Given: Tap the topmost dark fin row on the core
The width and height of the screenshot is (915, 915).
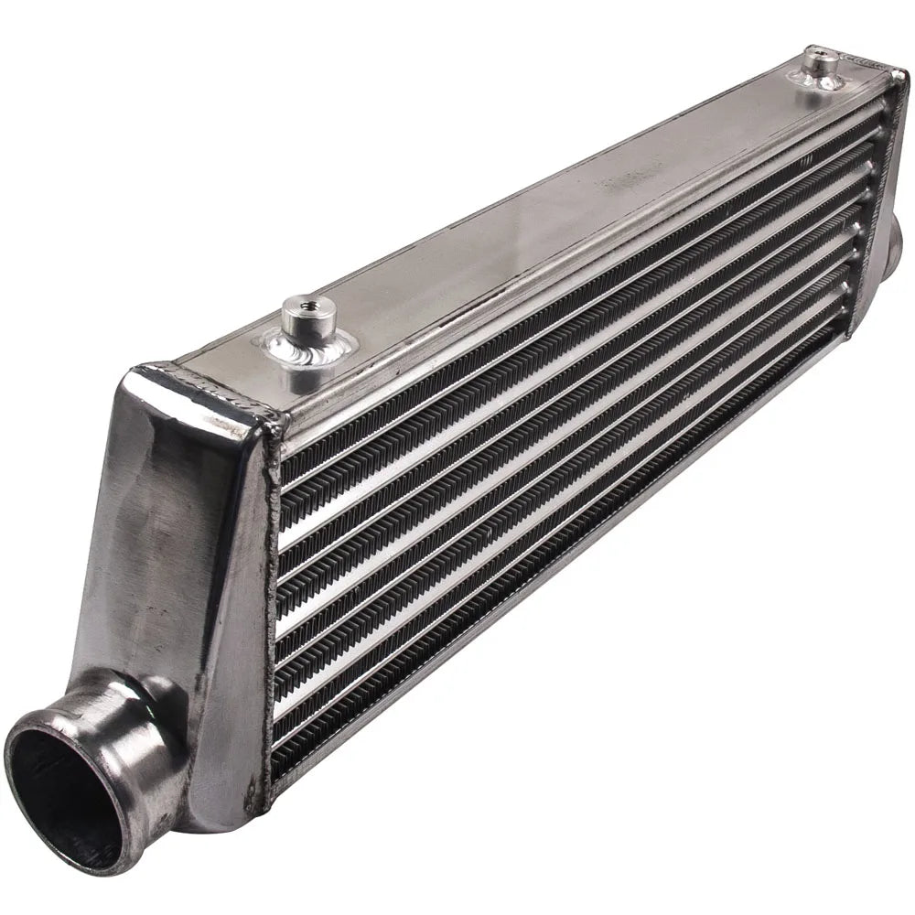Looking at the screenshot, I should pos(567,293).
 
